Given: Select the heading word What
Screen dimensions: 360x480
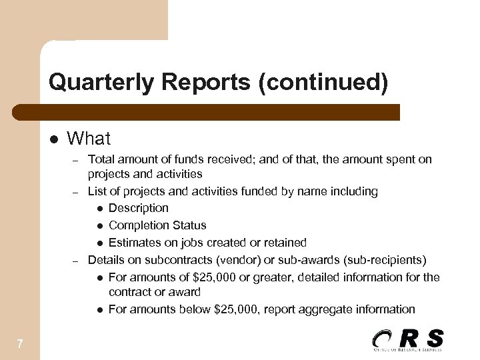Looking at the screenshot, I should pyautogui.click(x=89, y=139).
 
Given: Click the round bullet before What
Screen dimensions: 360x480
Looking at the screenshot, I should pyautogui.click(x=54, y=139).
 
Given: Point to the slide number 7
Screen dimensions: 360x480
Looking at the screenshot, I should pyautogui.click(x=20, y=344).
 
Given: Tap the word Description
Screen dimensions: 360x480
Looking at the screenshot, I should pyautogui.click(x=138, y=208).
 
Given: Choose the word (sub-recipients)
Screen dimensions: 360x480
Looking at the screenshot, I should pyautogui.click(x=385, y=259).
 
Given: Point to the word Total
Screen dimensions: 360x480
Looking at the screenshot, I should pyautogui.click(x=101, y=159).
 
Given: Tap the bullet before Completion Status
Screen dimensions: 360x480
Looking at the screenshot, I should pyautogui.click(x=99, y=226).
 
